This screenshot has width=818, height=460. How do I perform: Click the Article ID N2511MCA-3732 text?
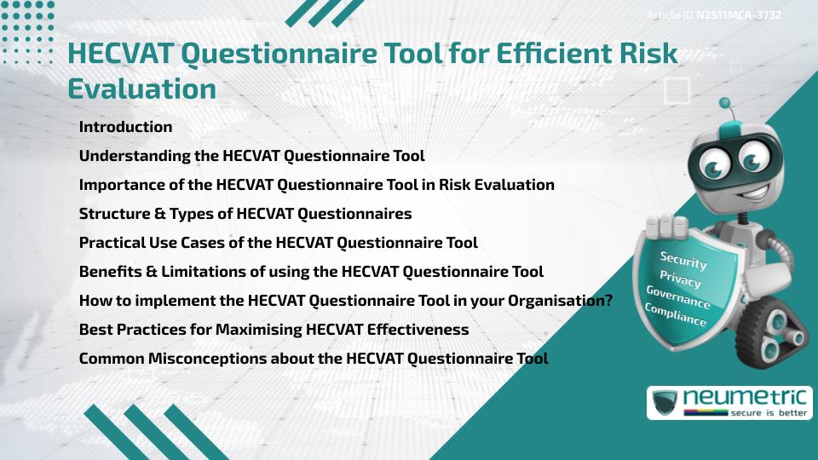(713, 14)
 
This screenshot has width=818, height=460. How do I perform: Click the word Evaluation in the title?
(141, 88)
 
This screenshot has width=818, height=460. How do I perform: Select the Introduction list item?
(125, 127)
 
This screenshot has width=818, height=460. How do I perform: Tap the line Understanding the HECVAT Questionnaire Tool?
(251, 156)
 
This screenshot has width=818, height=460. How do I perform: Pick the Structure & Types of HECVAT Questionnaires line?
(245, 213)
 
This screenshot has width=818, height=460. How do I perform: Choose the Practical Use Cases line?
(278, 242)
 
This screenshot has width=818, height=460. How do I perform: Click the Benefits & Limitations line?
(311, 272)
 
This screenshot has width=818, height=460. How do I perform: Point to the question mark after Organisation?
(608, 301)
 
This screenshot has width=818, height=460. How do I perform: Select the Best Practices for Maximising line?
(274, 330)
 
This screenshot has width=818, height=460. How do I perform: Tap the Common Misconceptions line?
(314, 359)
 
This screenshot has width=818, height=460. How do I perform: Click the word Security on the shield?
(683, 261)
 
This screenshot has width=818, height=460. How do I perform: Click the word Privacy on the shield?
(680, 279)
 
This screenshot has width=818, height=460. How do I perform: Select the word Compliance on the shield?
(676, 314)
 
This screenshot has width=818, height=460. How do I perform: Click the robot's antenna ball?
(726, 103)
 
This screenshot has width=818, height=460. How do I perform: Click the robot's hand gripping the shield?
(666, 227)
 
